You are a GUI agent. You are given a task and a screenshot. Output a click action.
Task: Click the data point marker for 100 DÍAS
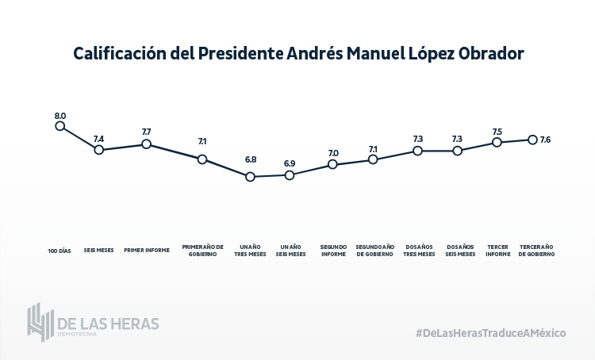pyautogui.click(x=59, y=125)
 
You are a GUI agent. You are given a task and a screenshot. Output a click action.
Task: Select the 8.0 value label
pyautogui.click(x=59, y=116)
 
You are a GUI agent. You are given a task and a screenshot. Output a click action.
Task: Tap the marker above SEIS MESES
pyautogui.click(x=99, y=149)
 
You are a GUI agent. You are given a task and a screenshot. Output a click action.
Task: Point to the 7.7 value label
pyautogui.click(x=147, y=131)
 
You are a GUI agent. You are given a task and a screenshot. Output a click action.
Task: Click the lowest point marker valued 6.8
pyautogui.click(x=250, y=177)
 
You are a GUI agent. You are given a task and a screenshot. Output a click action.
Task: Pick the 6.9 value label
pyautogui.click(x=290, y=163)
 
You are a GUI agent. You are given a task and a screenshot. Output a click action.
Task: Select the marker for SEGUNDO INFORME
pyautogui.click(x=333, y=164)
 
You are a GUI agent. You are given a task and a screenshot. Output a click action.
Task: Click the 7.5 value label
pyautogui.click(x=497, y=132)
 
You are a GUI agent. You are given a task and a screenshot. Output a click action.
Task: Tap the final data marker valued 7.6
pyautogui.click(x=533, y=140)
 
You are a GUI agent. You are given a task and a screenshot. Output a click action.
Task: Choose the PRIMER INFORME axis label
pyautogui.click(x=147, y=251)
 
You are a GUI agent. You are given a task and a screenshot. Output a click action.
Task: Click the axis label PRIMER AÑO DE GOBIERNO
pyautogui.click(x=203, y=250)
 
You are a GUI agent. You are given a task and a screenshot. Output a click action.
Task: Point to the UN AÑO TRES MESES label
pyautogui.click(x=251, y=250)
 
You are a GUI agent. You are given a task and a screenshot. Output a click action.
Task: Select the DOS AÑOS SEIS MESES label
pyautogui.click(x=460, y=250)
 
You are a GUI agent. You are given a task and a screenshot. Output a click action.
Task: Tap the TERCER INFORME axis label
pyautogui.click(x=497, y=250)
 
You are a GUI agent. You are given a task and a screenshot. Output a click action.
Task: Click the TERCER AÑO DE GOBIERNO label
pyautogui.click(x=536, y=250)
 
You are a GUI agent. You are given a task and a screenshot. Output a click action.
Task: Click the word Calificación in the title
pyautogui.click(x=115, y=54)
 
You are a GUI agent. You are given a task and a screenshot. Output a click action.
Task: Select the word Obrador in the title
pyautogui.click(x=486, y=54)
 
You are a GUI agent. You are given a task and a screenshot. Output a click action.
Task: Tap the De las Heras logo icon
pyautogui.click(x=40, y=322)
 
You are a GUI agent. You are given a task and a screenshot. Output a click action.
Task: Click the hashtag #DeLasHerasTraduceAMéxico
pyautogui.click(x=490, y=333)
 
